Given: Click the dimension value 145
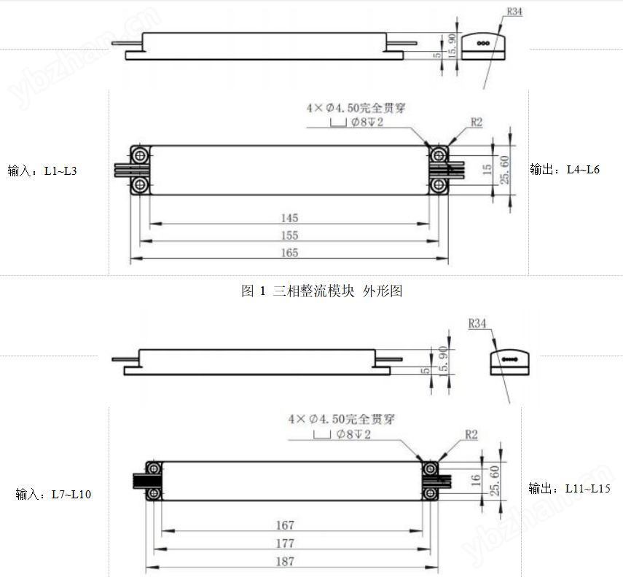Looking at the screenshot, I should coord(289,218).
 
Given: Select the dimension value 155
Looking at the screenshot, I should coord(289,235).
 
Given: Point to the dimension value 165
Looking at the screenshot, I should coord(289,253).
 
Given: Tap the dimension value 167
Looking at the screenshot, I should coord(285,525).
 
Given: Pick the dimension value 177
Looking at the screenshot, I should coord(285,543).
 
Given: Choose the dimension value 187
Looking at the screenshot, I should coord(285,562).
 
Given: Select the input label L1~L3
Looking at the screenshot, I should coord(42,171).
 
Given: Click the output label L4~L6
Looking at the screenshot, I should coord(565,170).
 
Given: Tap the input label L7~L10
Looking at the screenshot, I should coord(53,495).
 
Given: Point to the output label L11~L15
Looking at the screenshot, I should coord(569,488).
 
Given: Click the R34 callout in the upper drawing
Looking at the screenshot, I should coord(515,12).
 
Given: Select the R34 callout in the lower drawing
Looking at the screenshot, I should coord(478,323).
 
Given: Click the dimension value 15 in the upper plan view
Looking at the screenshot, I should coord(487,170).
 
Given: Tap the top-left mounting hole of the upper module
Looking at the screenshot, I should coord(140,154).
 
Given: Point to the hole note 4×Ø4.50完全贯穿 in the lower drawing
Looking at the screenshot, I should coord(337,420).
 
